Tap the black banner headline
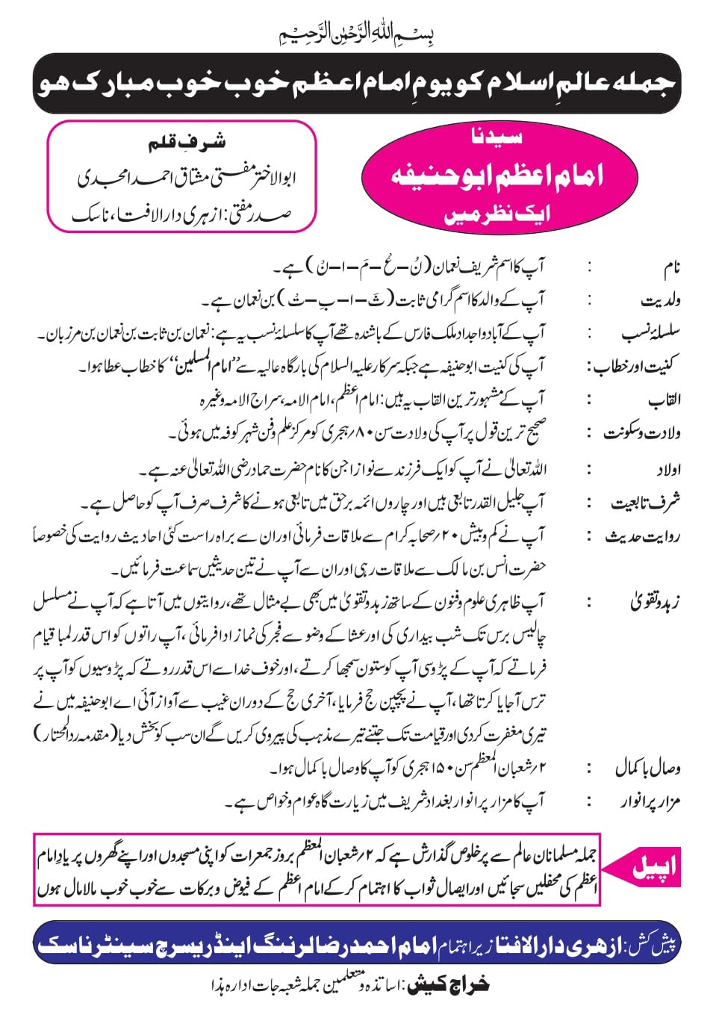pyautogui.click(x=357, y=82)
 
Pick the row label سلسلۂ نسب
pyautogui.click(x=649, y=334)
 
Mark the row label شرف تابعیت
pyautogui.click(x=645, y=503)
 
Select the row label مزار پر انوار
pyautogui.click(x=649, y=803)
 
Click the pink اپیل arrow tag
pyautogui.click(x=645, y=867)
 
